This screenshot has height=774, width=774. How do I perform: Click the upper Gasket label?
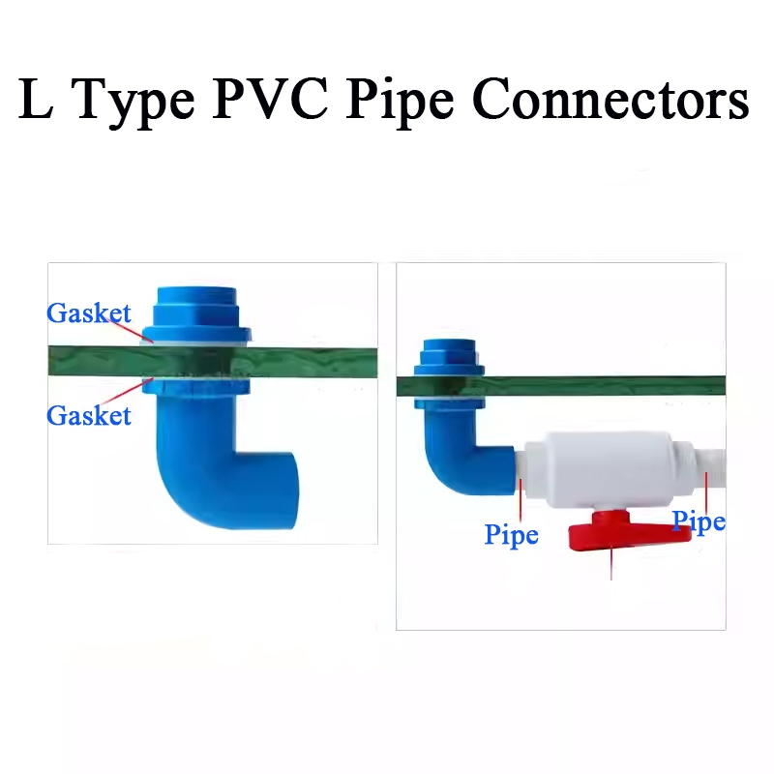pos(88,313)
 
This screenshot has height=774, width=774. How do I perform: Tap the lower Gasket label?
pos(88,415)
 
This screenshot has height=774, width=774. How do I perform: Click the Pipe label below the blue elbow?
pos(511,534)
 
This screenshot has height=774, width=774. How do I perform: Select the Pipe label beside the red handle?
pos(699,522)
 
